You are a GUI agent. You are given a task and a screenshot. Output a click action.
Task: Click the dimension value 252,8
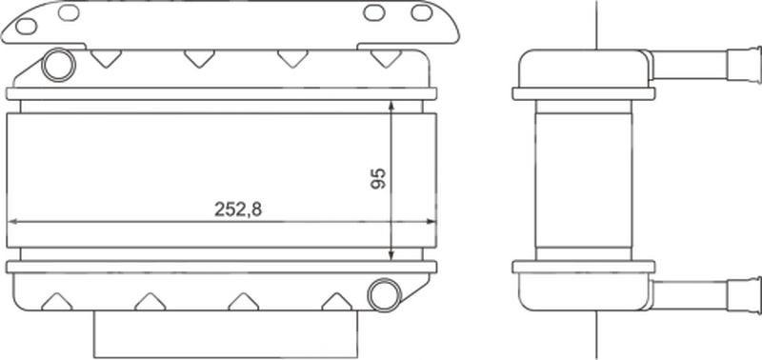pyautogui.click(x=237, y=210)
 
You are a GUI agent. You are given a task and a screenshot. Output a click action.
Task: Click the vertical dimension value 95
pyautogui.click(x=378, y=178)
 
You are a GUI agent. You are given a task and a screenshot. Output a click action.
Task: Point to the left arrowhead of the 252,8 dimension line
pyautogui.click(x=13, y=222)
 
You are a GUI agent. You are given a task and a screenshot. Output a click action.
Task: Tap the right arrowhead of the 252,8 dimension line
pyautogui.click(x=431, y=222)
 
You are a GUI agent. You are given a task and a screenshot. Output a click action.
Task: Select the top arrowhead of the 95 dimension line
pyautogui.click(x=391, y=106)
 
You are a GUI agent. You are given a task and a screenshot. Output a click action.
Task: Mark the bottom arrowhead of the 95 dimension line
pyautogui.click(x=391, y=254)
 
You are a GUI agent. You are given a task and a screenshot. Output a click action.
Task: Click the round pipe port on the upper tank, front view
pyautogui.click(x=59, y=65)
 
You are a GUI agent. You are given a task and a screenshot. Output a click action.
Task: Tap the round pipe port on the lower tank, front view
pyautogui.click(x=385, y=295)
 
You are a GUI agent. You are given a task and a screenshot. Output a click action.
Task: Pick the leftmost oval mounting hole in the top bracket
pyautogui.click(x=27, y=27)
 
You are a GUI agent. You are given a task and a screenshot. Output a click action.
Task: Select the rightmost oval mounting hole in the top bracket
pyautogui.click(x=421, y=12)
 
